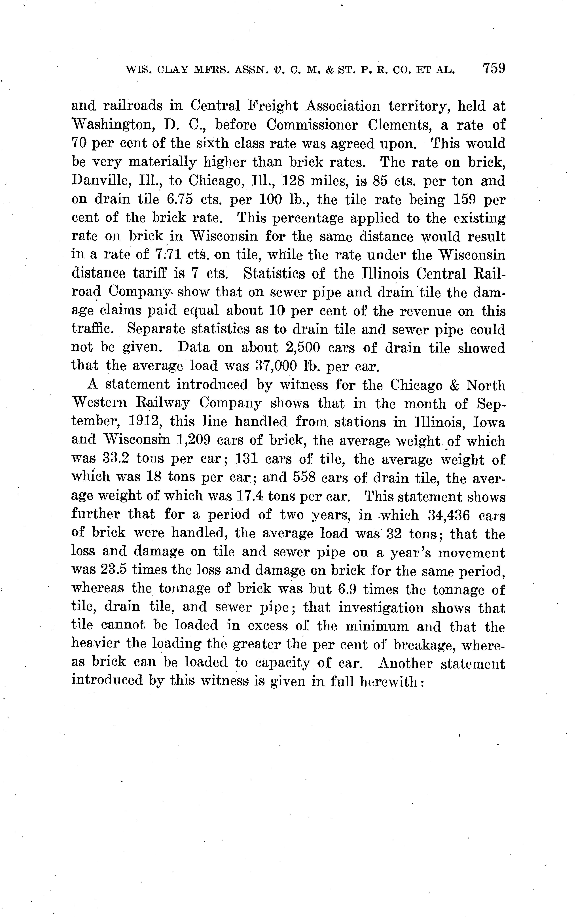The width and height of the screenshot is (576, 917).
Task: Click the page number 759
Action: click(x=494, y=69)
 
